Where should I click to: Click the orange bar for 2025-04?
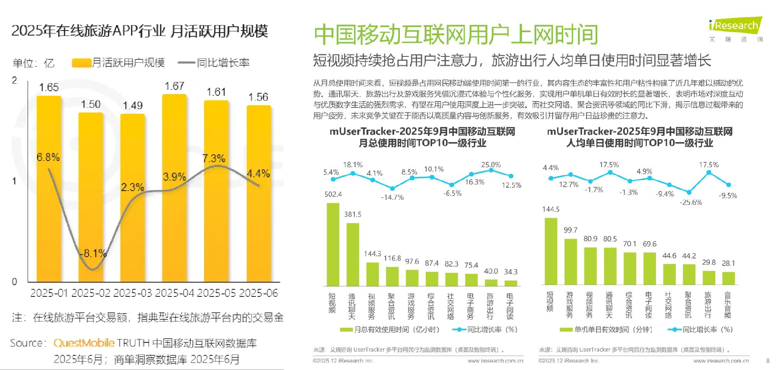coord(174,188)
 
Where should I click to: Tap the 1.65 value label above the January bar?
coord(49,87)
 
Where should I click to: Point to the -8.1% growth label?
coord(94,253)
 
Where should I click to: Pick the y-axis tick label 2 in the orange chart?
coord(15,80)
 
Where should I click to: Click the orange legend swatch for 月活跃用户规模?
coord(82,63)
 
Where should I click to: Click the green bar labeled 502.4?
coord(333,244)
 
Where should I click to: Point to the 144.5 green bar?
coord(551,251)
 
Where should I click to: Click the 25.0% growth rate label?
coord(491,165)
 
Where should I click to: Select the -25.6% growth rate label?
coord(691,202)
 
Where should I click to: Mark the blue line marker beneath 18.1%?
coord(353,173)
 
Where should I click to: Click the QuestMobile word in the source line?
coord(84,343)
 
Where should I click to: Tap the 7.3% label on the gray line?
coord(214,158)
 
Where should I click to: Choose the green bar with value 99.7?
coord(571,261)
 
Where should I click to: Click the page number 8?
coord(768,360)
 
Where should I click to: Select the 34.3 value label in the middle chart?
coord(511,272)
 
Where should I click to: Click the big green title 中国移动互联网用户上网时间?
coord(456,35)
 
